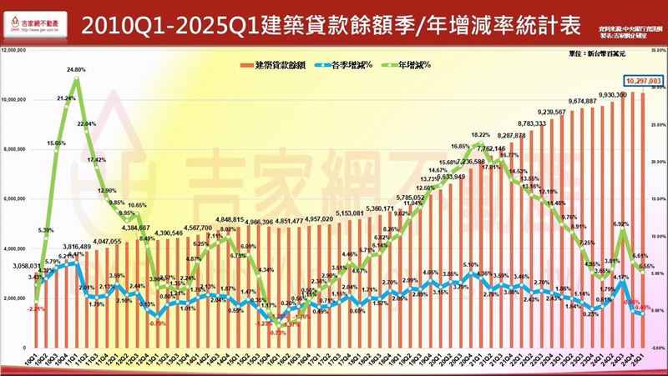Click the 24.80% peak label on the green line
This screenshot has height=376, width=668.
74,70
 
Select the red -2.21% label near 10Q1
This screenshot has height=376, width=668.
36,309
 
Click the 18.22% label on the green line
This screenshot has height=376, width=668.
480,135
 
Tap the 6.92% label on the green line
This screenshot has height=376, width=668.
620,224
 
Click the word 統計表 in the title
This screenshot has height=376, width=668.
549,23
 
